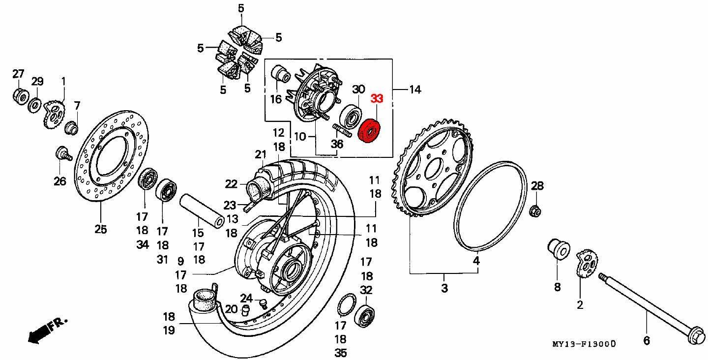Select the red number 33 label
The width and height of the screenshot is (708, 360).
(x=377, y=98)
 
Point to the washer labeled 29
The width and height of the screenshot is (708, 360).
(x=34, y=104)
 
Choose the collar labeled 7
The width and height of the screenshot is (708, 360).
(x=72, y=128)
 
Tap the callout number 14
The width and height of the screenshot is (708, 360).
(x=414, y=90)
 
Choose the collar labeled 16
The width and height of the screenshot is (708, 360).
(x=281, y=74)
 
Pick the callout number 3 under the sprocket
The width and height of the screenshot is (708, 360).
(x=444, y=288)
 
